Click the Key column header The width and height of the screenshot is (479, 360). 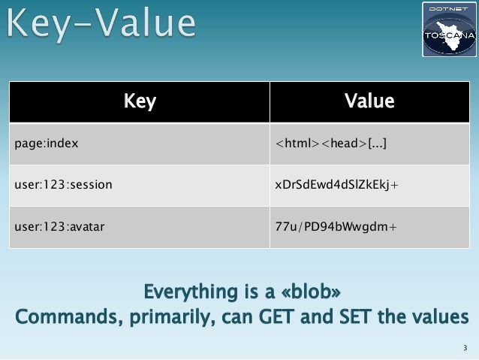click(139, 101)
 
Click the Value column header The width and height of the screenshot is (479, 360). click(369, 101)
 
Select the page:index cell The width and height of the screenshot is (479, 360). click(47, 142)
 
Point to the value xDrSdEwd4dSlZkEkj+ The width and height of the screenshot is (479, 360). click(336, 183)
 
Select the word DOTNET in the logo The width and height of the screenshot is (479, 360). click(448, 8)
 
